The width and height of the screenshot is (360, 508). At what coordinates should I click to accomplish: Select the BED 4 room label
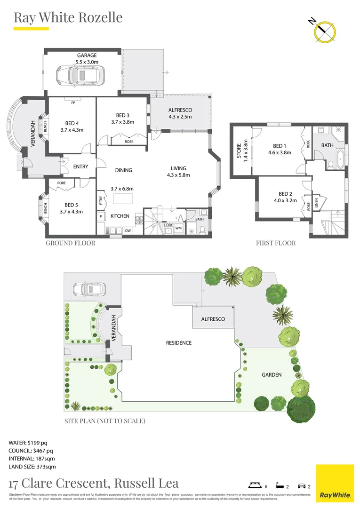click(70, 124)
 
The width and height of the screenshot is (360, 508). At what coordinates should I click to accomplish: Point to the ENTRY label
click(81, 167)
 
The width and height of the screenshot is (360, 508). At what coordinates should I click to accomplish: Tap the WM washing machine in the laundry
click(178, 228)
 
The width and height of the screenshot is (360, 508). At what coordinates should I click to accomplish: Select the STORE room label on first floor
click(239, 151)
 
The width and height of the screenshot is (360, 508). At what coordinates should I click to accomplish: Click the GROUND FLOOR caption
click(70, 243)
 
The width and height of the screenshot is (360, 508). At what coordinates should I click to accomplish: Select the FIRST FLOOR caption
click(276, 243)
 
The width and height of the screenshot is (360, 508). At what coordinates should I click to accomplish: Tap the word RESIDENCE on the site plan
click(179, 343)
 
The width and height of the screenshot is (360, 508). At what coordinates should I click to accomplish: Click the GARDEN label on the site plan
click(272, 375)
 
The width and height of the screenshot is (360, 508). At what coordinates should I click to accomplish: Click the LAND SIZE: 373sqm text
click(32, 467)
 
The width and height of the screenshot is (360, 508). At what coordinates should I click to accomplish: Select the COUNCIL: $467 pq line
click(31, 451)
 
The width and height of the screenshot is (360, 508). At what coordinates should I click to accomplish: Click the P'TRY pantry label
click(100, 200)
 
